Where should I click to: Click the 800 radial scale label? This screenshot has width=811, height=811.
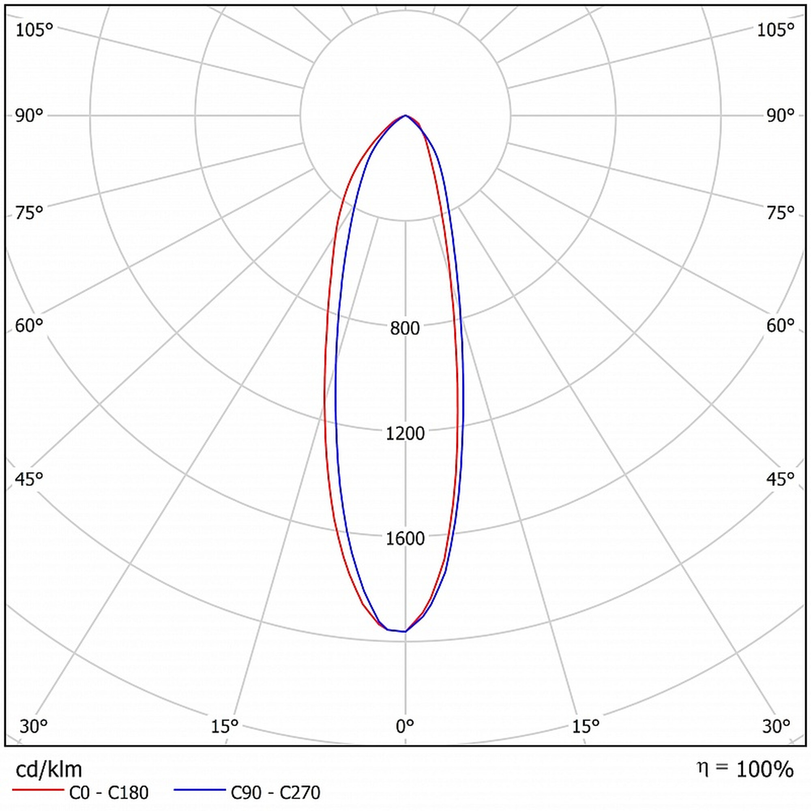point(405,328)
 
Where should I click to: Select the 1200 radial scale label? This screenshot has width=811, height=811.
point(405,433)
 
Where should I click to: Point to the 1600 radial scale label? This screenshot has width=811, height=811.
point(405,539)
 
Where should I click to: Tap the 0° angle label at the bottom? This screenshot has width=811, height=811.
point(405,726)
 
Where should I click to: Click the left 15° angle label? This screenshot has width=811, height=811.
point(225,726)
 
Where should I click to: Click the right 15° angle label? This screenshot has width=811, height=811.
point(586,726)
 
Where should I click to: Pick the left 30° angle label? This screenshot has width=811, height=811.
point(34,726)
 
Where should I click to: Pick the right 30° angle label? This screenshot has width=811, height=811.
point(776,726)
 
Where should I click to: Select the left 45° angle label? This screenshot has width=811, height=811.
point(29,478)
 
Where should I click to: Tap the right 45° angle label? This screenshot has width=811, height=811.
point(780,478)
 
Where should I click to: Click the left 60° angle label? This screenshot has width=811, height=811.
point(29,325)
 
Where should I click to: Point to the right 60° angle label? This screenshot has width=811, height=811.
point(780,325)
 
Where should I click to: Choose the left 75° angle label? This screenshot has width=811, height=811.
point(29,213)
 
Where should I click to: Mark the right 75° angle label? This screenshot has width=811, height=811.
point(780,213)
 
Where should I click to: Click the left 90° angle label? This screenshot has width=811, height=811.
point(29,116)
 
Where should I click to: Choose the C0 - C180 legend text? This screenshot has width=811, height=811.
point(109,792)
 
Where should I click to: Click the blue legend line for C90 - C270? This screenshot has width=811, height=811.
point(200,790)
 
